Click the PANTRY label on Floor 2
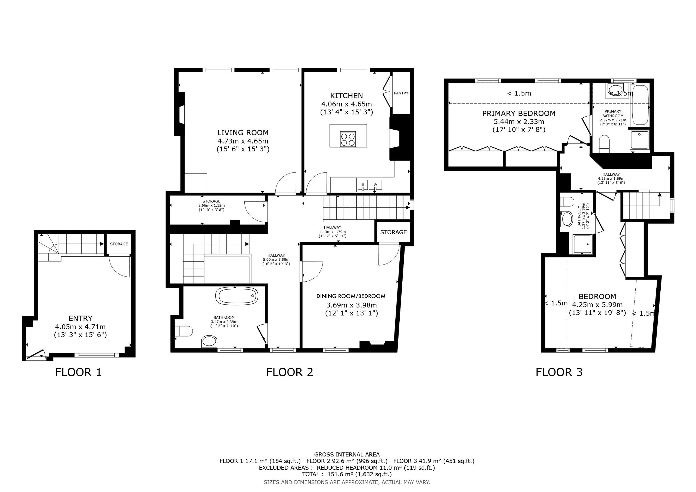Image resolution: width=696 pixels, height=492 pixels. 401,93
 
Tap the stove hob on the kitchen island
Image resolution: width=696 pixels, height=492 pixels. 348,139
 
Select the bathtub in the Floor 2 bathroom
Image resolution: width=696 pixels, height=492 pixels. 237,295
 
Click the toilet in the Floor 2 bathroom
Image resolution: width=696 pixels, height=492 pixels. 184,331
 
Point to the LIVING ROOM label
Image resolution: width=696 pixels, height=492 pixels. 243,132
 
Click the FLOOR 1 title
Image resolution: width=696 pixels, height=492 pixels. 78,372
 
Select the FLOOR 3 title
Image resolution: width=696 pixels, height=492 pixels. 559,372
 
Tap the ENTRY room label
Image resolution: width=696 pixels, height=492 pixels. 80,318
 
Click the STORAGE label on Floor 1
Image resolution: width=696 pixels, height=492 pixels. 119,244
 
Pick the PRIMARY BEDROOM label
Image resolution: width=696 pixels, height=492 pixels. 519,113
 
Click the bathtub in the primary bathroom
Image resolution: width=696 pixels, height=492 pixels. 640,105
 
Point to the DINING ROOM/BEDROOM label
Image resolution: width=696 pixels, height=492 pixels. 351,296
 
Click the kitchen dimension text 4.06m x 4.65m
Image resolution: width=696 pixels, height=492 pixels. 346,104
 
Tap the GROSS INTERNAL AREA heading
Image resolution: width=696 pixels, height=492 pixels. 347,454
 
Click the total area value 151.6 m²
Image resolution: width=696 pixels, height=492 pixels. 338,474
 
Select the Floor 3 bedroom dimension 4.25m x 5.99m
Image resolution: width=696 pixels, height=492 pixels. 597,305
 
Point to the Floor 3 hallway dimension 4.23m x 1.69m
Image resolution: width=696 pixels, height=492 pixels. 611,179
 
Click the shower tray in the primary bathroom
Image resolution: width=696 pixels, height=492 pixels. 640,140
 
